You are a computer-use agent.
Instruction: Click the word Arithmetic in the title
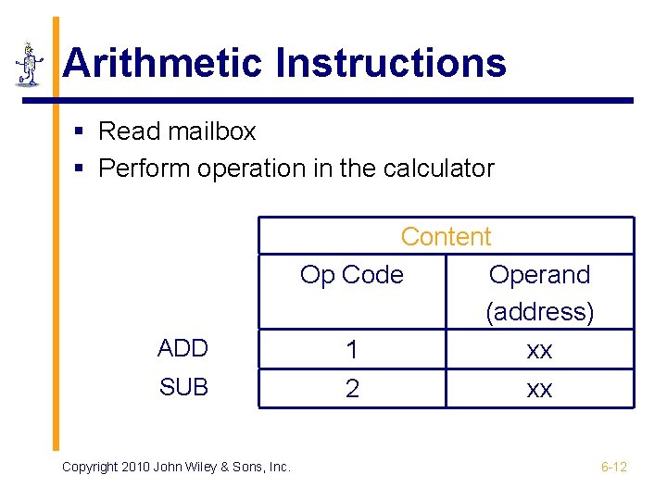[163, 63]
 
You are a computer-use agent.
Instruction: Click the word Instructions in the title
[391, 63]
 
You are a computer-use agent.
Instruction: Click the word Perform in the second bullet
[143, 169]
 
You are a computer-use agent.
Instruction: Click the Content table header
[446, 237]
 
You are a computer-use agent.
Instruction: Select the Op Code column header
[352, 275]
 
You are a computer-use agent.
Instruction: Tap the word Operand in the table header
[539, 275]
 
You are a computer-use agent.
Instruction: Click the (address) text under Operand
[539, 312]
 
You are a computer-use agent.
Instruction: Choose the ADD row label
[183, 348]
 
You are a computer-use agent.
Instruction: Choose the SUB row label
[183, 387]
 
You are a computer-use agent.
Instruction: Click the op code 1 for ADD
[352, 350]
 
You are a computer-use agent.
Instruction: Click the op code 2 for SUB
[352, 389]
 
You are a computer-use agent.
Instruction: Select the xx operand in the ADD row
[539, 350]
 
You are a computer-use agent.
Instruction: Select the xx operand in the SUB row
[539, 389]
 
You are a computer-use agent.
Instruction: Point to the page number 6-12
[613, 467]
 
